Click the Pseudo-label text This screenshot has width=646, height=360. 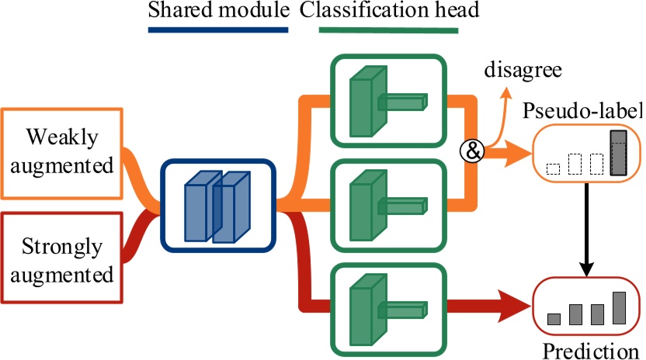click(x=583, y=112)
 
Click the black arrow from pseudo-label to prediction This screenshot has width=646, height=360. click(x=588, y=233)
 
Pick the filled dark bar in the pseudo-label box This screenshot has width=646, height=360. click(x=619, y=153)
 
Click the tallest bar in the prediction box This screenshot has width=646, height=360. click(x=619, y=307)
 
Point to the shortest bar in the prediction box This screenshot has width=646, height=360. click(x=554, y=318)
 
